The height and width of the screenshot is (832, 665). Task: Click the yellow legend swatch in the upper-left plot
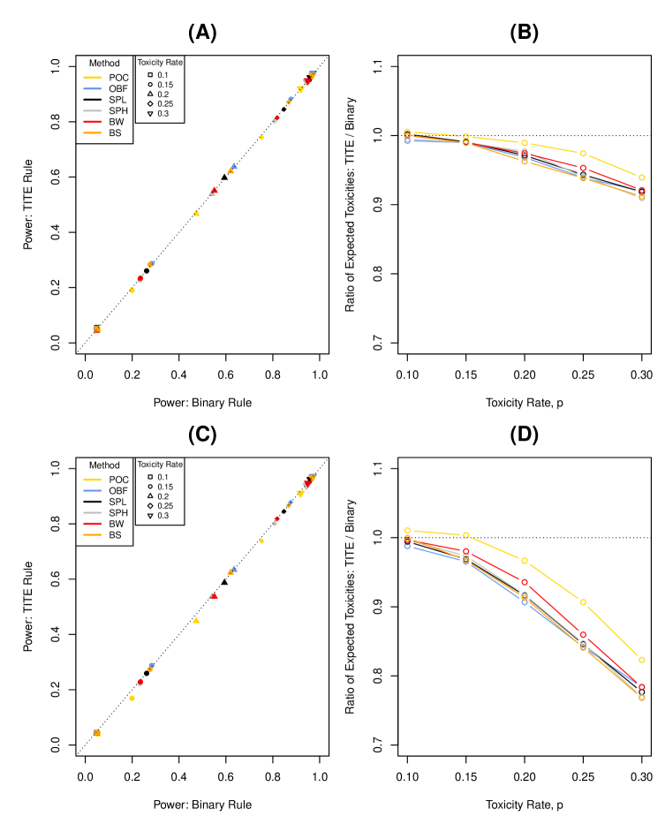(x=93, y=78)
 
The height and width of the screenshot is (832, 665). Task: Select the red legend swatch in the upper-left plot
(x=93, y=122)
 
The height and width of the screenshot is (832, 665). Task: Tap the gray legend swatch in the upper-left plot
(x=93, y=110)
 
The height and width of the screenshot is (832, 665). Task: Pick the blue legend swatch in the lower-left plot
(x=93, y=490)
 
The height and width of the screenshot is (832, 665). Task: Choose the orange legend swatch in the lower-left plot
(x=93, y=534)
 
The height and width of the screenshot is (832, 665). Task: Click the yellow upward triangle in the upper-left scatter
(x=196, y=213)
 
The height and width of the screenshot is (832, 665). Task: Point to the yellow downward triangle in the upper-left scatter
(x=300, y=89)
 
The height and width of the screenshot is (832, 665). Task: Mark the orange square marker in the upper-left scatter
(x=97, y=329)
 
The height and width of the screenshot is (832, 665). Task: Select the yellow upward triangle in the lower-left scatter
(x=196, y=620)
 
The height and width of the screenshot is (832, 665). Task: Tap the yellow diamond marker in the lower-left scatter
(x=261, y=541)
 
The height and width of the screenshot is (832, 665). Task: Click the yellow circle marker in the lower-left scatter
(x=132, y=698)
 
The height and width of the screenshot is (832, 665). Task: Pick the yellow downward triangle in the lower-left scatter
(x=300, y=494)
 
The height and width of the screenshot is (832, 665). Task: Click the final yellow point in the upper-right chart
(x=641, y=178)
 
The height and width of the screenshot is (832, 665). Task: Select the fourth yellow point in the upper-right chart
(x=583, y=154)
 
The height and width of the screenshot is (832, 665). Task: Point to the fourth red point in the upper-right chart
(x=583, y=168)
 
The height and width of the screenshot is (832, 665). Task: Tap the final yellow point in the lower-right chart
(x=641, y=660)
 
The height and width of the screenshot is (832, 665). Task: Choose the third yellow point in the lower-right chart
(x=525, y=561)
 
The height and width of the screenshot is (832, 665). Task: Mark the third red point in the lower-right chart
(x=525, y=582)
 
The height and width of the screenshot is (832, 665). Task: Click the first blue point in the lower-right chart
(x=407, y=546)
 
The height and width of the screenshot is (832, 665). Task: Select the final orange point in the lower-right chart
(x=641, y=698)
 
